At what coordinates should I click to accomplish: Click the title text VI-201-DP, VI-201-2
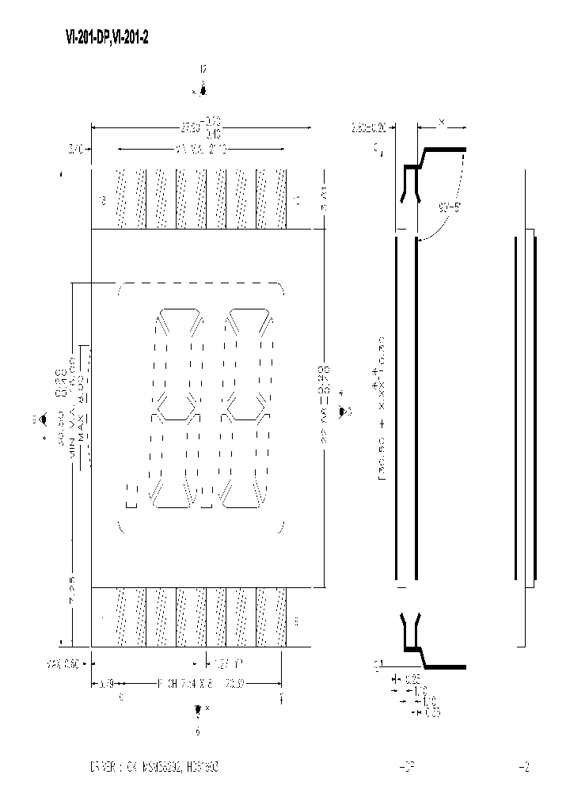[106, 37]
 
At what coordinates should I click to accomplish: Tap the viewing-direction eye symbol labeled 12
[203, 90]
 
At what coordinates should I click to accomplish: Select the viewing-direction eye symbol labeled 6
[198, 710]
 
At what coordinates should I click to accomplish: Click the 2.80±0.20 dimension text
[369, 126]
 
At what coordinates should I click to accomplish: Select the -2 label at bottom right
[522, 767]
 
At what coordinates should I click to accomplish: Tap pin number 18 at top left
[103, 200]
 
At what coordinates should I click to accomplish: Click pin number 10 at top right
[296, 200]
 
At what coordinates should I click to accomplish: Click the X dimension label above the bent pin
[441, 123]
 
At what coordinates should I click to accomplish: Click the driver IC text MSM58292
[163, 767]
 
